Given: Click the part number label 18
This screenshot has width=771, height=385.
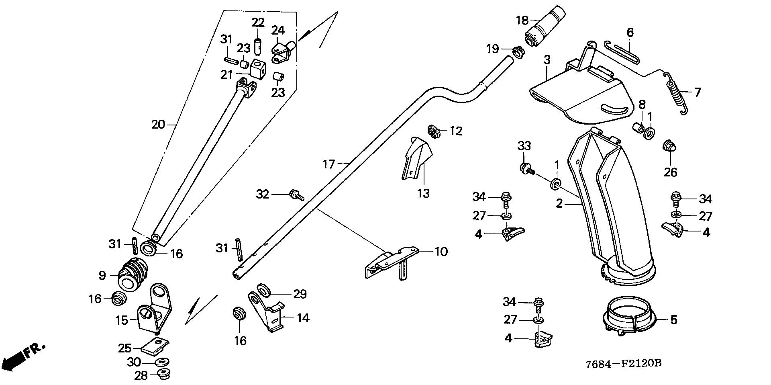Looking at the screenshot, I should [522, 19].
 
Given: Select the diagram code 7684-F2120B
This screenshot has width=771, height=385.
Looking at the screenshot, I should [624, 365].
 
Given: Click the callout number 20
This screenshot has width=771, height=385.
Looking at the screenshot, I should [158, 125].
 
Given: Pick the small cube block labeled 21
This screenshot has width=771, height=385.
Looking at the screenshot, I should [256, 69].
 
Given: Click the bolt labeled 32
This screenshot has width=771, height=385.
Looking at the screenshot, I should [297, 195].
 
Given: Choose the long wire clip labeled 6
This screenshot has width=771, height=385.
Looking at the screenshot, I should [622, 52].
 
